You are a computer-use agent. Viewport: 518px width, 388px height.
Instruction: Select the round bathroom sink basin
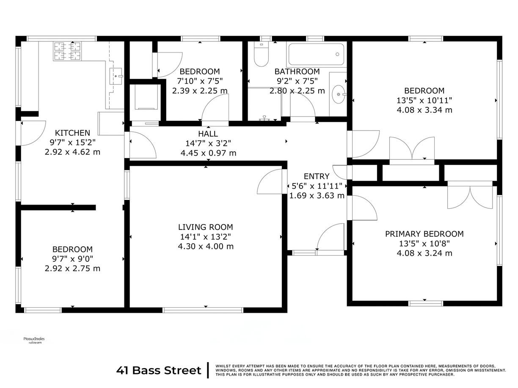point(338,94)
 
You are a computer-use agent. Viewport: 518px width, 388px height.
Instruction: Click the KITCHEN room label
point(72,133)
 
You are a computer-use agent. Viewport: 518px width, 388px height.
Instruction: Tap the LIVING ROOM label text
point(205,227)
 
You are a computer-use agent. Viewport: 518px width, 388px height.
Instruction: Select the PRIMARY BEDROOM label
point(424,234)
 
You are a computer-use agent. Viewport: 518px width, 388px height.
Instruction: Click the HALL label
point(208,134)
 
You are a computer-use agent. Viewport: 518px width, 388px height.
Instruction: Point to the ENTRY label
point(316,176)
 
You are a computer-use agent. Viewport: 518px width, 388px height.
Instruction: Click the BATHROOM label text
point(297,71)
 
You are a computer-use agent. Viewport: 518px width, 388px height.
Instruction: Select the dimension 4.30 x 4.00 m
point(205,246)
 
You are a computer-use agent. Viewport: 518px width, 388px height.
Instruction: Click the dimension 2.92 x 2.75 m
point(72,268)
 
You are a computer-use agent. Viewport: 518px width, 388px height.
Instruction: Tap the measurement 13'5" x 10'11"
point(424,100)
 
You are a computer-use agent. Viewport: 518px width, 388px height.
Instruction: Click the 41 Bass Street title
point(159,371)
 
